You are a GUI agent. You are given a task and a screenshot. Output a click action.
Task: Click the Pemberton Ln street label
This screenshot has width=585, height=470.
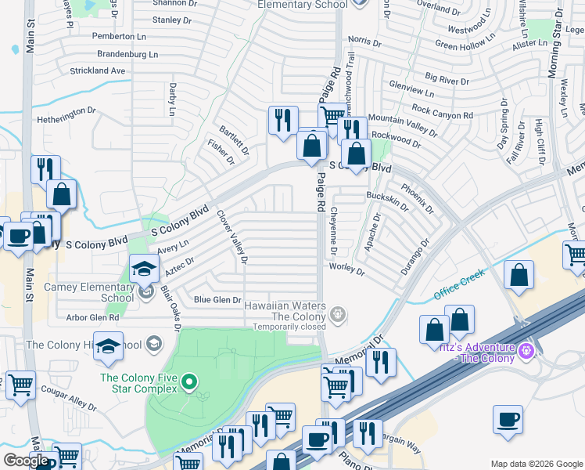tap(119, 37)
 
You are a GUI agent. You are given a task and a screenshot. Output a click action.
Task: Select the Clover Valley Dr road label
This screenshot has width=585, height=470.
tap(233, 236)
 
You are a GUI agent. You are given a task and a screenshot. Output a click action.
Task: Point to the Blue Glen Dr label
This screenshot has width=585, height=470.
tap(217, 300)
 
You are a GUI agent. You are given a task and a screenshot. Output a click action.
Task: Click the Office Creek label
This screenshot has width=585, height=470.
tap(460, 284)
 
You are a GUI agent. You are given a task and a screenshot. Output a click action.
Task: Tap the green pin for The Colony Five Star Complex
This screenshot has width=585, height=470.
tap(188, 382)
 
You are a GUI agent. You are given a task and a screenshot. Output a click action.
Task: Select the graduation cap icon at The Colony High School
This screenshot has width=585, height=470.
tap(108, 345)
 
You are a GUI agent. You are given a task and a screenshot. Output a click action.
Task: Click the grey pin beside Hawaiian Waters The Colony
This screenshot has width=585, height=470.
tap(337, 315)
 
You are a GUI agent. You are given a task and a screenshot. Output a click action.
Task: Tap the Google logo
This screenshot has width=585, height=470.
tap(26, 461)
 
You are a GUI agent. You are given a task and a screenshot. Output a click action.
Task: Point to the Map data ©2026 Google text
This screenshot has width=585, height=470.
tap(537, 464)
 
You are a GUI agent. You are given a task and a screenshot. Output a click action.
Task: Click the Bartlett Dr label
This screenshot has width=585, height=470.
tap(234, 139)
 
